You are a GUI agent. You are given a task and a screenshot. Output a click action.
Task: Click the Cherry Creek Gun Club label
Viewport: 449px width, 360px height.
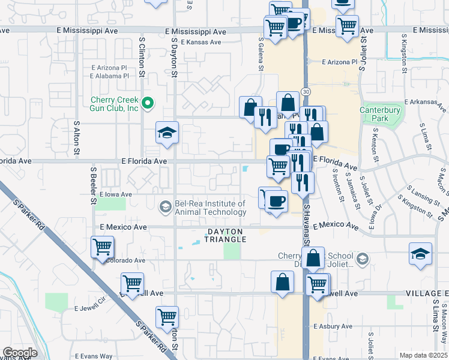coord(115,104)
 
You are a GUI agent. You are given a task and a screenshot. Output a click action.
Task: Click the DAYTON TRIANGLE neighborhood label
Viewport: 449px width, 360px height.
coord(217,235)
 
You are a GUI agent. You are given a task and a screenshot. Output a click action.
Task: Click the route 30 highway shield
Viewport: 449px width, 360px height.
coord(306,91)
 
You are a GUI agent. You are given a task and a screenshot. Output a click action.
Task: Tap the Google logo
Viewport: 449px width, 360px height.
coord(20,353)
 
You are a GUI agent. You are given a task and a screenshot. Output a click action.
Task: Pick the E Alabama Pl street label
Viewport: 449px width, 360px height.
coord(109,76)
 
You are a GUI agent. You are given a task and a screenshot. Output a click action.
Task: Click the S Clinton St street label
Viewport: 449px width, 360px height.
coord(142,58)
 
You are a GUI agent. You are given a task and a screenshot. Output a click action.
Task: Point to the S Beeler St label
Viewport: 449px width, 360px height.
coord(94,185)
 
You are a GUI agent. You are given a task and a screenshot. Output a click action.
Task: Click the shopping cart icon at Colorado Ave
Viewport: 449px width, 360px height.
coord(103,246)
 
